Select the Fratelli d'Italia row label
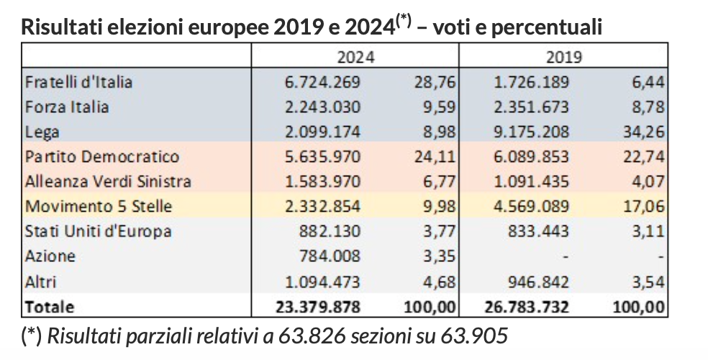click(78, 82)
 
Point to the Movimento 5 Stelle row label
click(99, 207)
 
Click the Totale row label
click(49, 306)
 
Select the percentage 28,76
click(436, 82)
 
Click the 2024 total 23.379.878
click(318, 306)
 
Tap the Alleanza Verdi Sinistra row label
click(108, 181)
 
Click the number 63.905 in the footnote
click(480, 336)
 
